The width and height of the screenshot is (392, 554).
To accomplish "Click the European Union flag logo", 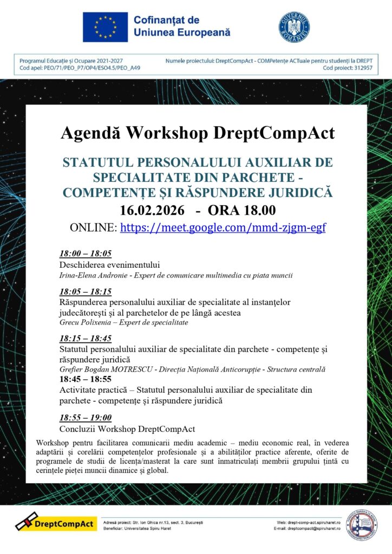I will pyautogui.click(x=105, y=27).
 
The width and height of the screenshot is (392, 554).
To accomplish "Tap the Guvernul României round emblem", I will pyautogui.click(x=294, y=27).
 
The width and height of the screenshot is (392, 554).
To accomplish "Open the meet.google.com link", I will pyautogui.click(x=223, y=228).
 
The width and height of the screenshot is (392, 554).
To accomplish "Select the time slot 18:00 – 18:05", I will pyautogui.click(x=86, y=254).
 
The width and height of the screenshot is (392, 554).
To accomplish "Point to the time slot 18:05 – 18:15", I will pyautogui.click(x=86, y=292).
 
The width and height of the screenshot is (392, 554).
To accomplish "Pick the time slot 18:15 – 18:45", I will pyautogui.click(x=86, y=339).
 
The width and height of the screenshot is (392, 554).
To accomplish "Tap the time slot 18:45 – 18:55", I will pyautogui.click(x=86, y=379).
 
